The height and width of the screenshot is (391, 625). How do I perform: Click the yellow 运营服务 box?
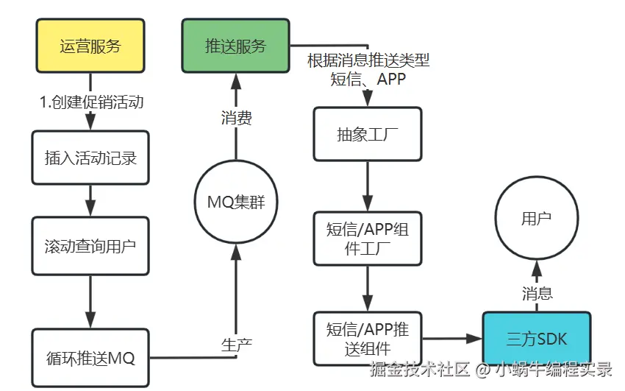click(90, 46)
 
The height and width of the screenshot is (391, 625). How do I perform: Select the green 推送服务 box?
click(235, 46)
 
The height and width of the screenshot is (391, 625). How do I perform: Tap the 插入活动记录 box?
click(90, 158)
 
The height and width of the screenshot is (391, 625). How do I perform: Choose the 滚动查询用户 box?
click(90, 246)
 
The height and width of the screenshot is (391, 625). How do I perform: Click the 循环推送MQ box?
click(90, 358)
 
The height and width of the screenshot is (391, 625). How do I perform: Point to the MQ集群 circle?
click(236, 202)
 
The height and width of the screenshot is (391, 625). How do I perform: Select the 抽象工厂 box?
click(368, 134)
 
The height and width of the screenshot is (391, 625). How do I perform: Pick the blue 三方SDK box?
click(537, 339)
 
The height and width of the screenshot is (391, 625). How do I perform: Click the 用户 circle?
click(537, 218)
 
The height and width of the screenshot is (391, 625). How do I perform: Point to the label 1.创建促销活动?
click(91, 102)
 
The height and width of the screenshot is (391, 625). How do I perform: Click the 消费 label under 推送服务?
click(236, 118)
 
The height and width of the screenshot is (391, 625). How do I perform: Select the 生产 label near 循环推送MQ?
click(236, 345)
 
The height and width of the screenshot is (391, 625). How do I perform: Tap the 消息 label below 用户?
click(537, 294)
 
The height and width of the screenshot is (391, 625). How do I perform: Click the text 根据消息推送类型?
click(368, 60)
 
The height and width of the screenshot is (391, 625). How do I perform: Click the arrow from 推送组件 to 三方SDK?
click(452, 339)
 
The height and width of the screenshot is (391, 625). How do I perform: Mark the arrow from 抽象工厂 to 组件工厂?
click(368, 186)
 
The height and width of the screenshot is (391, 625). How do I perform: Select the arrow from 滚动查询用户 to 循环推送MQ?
click(90, 302)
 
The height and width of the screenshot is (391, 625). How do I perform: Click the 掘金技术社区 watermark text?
click(420, 369)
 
